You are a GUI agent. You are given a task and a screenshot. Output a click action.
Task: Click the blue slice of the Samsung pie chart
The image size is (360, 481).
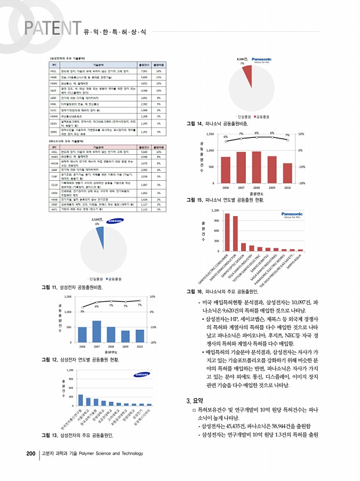(100, 236)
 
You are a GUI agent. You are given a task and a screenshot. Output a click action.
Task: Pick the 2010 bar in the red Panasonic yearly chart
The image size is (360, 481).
(287, 173)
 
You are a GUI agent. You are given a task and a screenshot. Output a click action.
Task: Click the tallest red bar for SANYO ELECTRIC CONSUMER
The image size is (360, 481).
(211, 232)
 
